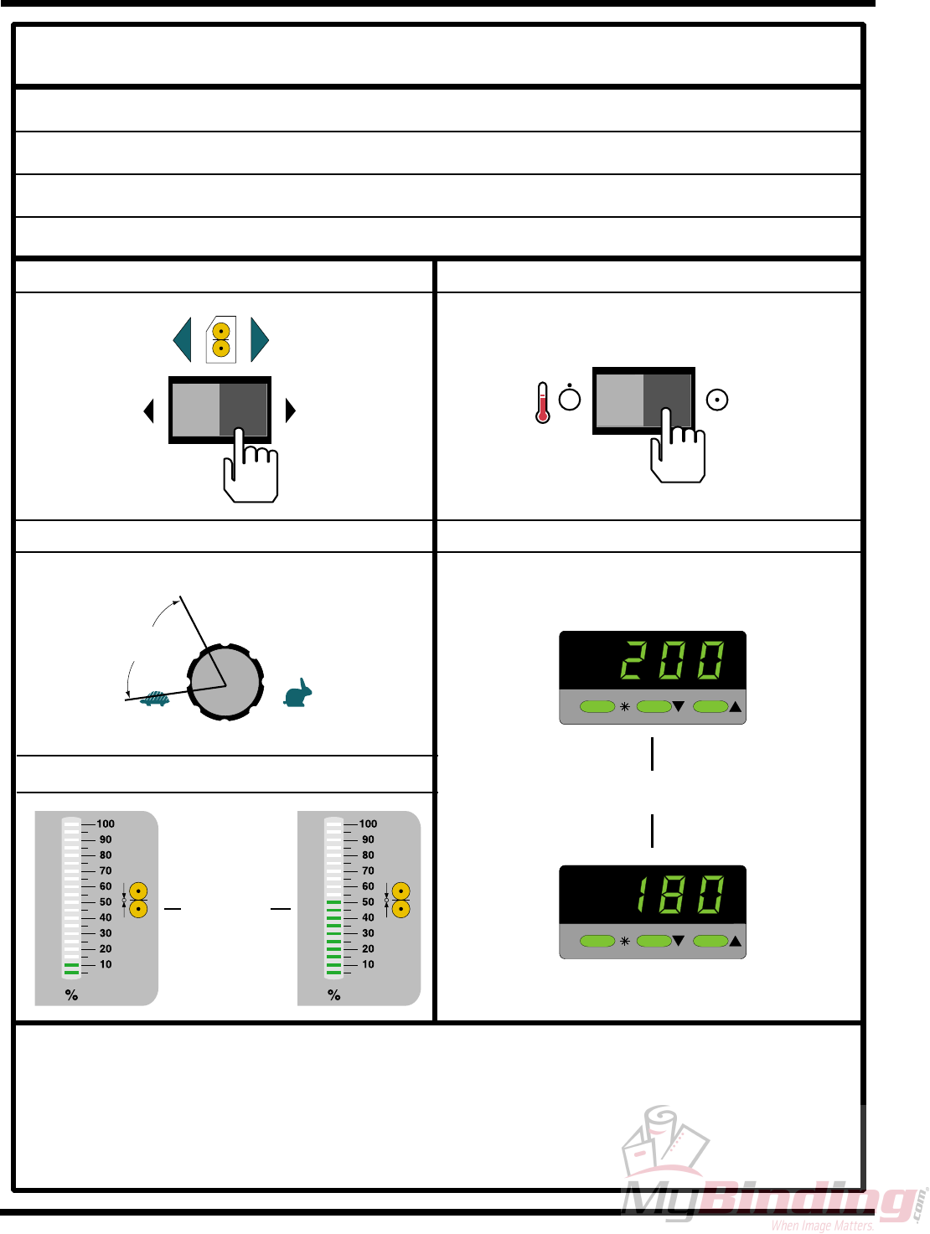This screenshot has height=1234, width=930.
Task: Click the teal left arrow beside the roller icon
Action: (183, 339)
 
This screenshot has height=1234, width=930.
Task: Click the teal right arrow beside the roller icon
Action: (259, 339)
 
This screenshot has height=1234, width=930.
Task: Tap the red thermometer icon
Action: (543, 403)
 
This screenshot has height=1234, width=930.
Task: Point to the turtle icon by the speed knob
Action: (156, 698)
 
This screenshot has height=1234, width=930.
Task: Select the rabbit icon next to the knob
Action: (298, 694)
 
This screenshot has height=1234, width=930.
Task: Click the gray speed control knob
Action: (225, 683)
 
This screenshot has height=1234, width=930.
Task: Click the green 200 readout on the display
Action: (673, 660)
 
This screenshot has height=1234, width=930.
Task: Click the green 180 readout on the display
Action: (679, 895)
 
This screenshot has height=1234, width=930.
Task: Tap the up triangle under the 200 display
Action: (736, 707)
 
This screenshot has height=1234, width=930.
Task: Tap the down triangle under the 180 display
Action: (679, 942)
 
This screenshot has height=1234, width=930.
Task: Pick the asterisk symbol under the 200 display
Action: (625, 707)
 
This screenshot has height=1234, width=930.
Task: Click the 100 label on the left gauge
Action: (106, 824)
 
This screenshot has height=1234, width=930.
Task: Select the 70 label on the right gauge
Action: (368, 870)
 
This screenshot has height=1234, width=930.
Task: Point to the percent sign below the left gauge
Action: (71, 995)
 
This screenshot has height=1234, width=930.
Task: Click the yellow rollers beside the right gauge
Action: (401, 900)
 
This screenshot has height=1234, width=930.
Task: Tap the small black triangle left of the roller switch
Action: (149, 410)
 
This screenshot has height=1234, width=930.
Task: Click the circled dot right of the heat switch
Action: (717, 400)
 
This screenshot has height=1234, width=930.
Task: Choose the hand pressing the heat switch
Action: (677, 452)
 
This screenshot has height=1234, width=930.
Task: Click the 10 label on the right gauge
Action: (368, 964)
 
